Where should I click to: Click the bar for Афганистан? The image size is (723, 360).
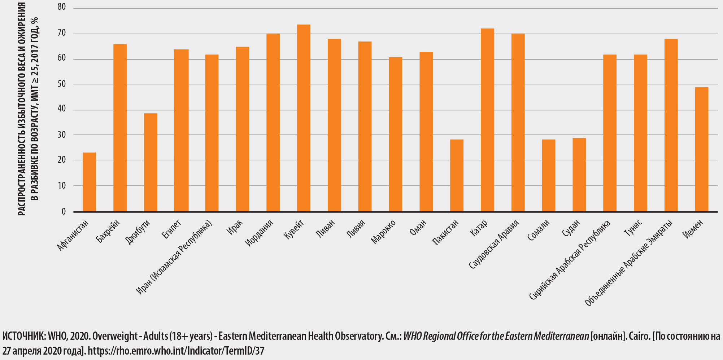click(89, 182)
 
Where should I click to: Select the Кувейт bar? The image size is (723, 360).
click(304, 118)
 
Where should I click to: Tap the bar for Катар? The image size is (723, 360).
click(487, 120)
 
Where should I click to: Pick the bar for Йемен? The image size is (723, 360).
click(701, 149)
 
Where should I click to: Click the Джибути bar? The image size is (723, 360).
click(151, 162)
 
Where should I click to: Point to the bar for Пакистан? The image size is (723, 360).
click(457, 175)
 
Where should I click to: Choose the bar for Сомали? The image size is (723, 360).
click(548, 175)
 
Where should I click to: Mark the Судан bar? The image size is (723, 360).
click(579, 175)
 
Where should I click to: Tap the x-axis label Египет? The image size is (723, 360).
click(171, 229)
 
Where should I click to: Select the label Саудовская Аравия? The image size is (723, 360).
click(493, 245)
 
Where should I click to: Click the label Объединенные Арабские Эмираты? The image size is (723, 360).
click(629, 263)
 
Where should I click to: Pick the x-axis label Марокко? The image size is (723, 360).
click(383, 232)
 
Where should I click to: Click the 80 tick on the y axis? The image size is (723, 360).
click(62, 7)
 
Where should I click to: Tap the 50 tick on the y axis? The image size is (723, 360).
click(62, 84)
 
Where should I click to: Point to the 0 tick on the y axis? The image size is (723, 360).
click(64, 211)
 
